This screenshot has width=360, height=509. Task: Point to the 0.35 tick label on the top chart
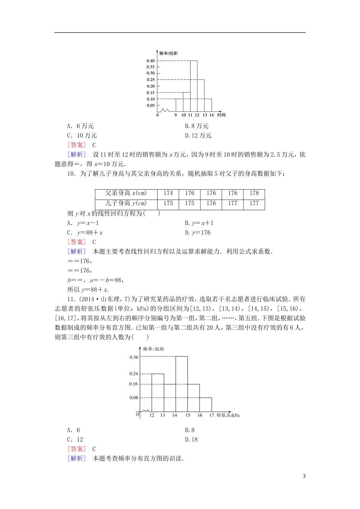(150, 67)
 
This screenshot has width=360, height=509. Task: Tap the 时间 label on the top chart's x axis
(222, 115)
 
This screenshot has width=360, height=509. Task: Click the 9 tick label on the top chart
(175, 115)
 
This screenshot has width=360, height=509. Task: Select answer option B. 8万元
(197, 126)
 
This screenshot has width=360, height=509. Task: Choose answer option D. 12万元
(198, 136)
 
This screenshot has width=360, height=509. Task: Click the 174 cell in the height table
(168, 193)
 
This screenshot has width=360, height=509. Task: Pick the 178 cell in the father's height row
(254, 193)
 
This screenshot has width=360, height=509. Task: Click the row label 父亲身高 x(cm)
(126, 193)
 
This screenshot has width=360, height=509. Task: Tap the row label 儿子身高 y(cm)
(126, 203)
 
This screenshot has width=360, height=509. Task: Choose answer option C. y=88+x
(85, 233)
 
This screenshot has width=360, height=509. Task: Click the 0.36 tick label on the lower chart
(134, 357)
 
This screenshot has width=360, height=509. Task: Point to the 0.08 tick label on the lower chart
(134, 398)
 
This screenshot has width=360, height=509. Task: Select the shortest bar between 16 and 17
(205, 405)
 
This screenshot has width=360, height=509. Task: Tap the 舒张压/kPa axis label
(228, 415)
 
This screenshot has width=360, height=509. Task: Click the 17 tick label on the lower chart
(211, 415)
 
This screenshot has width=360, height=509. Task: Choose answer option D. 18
(191, 440)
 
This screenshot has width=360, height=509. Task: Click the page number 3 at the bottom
(304, 476)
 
